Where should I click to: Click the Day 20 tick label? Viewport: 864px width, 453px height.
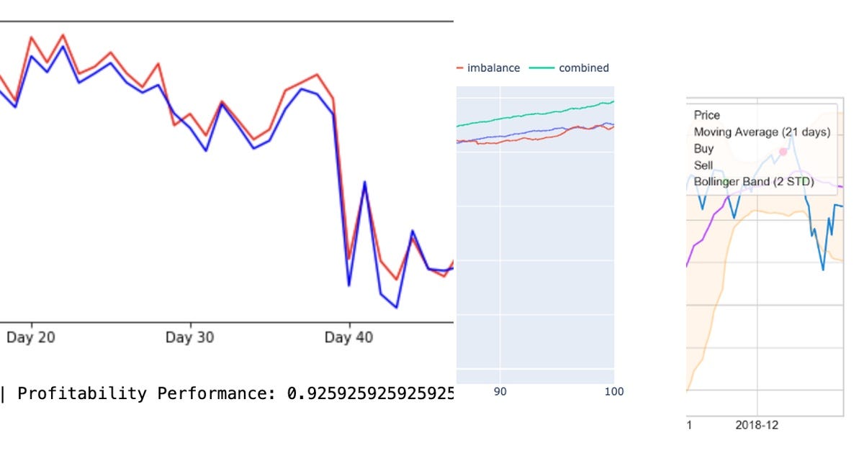(30, 337)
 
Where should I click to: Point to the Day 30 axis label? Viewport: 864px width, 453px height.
(189, 337)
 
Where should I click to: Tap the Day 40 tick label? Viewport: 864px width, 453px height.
(348, 337)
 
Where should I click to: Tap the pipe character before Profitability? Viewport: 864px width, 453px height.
(3, 393)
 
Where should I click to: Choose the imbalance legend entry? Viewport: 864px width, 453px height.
(493, 68)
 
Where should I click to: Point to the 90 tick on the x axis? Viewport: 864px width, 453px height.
(500, 391)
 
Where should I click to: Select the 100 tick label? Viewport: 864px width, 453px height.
(613, 391)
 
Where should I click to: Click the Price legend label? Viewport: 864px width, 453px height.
(706, 115)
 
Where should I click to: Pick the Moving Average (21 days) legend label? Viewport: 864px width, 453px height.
(762, 132)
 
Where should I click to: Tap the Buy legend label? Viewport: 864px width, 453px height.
(703, 149)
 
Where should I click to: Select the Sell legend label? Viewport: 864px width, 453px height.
(703, 165)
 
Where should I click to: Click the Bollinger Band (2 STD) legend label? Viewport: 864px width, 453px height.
(754, 182)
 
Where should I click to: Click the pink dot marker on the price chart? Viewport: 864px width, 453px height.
(783, 152)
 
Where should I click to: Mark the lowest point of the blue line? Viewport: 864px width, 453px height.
(396, 308)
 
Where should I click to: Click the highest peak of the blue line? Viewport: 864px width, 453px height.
(63, 46)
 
